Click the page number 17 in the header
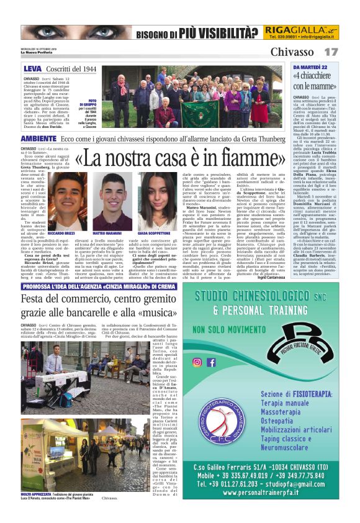point(331,52)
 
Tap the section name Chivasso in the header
point(292,52)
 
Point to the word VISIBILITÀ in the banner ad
point(222,33)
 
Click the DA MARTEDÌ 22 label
point(309,66)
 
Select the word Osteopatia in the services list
point(282,420)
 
